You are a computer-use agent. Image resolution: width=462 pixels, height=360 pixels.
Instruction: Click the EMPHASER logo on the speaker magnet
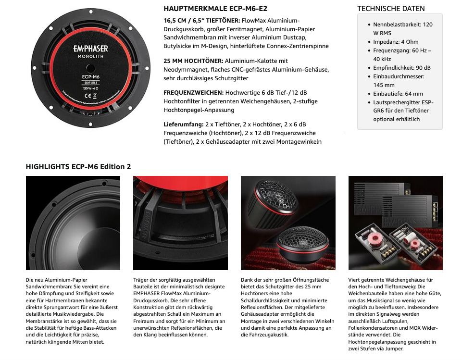(90, 49)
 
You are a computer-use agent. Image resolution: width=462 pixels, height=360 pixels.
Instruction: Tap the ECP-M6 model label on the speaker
(90, 75)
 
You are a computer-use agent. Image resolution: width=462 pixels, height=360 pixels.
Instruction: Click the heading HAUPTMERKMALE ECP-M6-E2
(215, 9)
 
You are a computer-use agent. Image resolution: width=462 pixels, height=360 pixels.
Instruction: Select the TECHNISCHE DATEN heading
(391, 9)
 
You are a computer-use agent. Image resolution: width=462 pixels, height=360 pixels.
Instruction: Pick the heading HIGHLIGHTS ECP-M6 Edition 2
(78, 167)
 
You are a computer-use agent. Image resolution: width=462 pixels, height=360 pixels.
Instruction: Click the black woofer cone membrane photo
(73, 223)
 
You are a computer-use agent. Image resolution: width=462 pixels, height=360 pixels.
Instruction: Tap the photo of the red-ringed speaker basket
(180, 223)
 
